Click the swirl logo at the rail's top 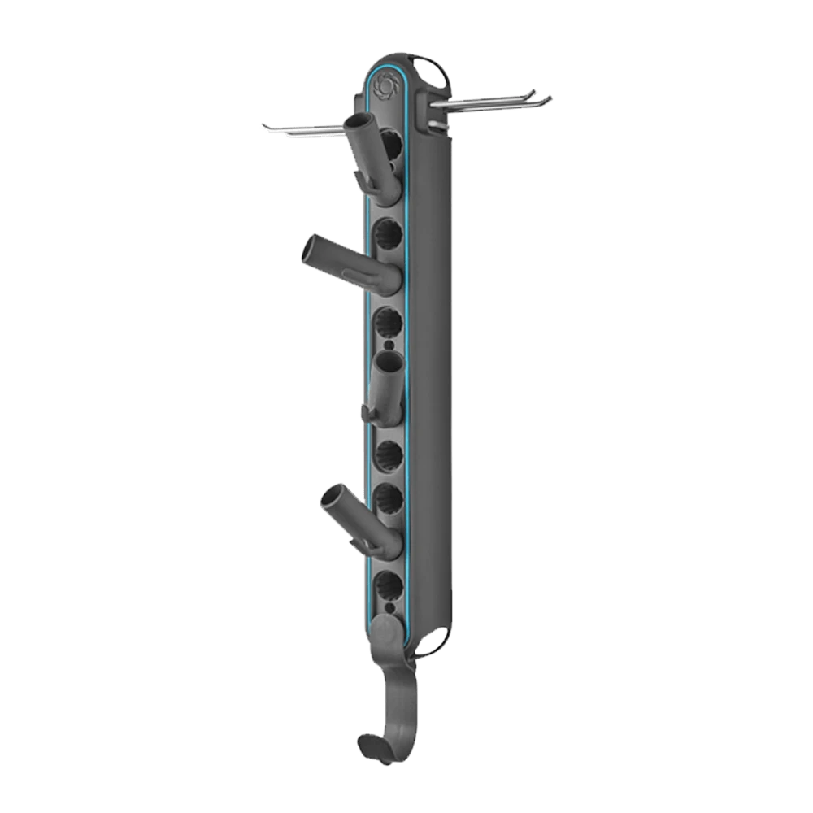[x=384, y=84]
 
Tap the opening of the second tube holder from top [x=312, y=248]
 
